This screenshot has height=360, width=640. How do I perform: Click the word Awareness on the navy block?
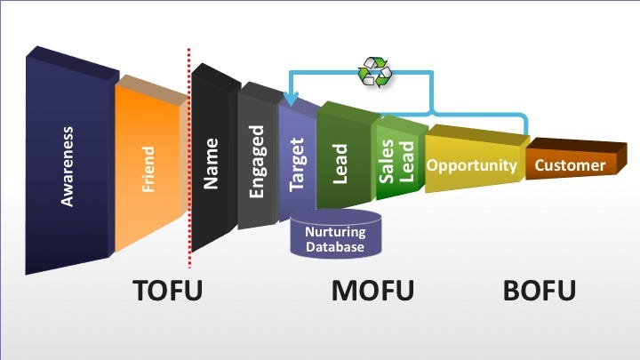(x=68, y=166)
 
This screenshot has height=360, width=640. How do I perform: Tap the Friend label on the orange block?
(x=148, y=169)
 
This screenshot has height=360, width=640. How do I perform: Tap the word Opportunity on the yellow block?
(x=471, y=165)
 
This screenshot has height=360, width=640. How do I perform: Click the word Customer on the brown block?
(x=570, y=165)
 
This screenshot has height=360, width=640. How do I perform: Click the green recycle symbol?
(x=374, y=72)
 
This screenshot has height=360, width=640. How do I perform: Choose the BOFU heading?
(x=539, y=292)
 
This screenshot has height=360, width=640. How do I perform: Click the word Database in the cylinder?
(x=334, y=246)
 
